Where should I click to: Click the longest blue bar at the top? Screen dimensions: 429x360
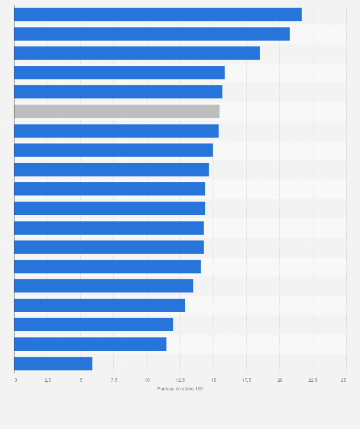coord(158,15)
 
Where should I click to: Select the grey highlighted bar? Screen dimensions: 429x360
coord(116,111)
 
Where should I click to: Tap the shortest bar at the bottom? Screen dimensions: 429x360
coord(53,364)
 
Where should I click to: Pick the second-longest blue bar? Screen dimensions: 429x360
coord(152,34)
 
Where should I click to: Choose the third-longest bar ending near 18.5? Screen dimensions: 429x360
coord(137,53)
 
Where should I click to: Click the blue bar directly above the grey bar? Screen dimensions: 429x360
coord(118,92)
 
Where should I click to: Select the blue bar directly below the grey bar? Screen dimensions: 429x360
coord(116,131)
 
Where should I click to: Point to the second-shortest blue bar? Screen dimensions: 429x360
coord(90,344)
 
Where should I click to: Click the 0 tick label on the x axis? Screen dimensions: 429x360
coord(16,380)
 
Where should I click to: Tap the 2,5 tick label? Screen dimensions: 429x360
coord(48,380)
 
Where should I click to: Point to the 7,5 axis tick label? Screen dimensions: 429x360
coord(114,380)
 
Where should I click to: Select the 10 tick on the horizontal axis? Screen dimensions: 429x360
coord(147,380)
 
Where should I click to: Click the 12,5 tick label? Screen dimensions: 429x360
coord(180,380)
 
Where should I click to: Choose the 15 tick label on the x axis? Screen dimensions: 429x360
coord(213,380)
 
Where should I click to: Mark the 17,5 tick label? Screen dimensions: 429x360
coord(246,380)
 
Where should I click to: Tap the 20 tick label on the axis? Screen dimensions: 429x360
coord(280,380)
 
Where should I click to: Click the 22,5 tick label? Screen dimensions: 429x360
coord(313,380)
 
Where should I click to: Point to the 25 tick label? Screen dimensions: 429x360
coord(343,380)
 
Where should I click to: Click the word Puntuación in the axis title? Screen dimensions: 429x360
coord(168,389)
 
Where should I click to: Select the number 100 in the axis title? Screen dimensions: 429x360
coord(198,389)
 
